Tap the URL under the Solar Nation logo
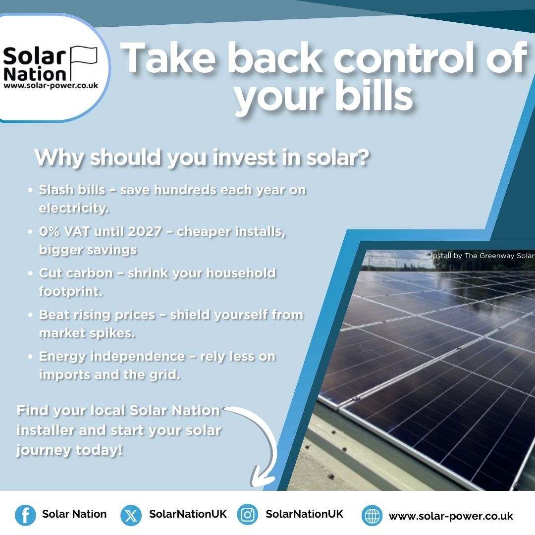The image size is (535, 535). point(51,85)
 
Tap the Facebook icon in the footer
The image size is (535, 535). point(25,515)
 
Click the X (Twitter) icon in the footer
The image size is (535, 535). point(131,515)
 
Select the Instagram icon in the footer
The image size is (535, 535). point(247,515)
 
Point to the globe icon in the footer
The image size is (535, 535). point(372,516)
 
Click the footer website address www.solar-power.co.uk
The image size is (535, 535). point(451,516)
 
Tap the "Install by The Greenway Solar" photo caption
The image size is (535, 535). point(482,256)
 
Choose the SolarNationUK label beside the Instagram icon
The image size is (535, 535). point(304,514)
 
